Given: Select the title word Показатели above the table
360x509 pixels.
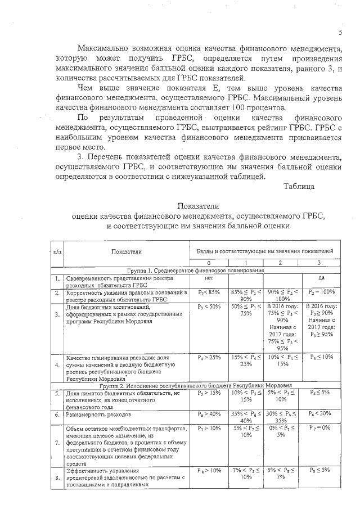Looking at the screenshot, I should pyautogui.click(x=199, y=206).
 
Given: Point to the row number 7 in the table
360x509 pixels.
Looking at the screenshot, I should pyautogui.click(x=57, y=443).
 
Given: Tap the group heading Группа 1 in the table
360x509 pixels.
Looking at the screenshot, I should pyautogui.click(x=195, y=271).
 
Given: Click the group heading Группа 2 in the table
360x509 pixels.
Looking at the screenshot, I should pyautogui.click(x=195, y=386).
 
